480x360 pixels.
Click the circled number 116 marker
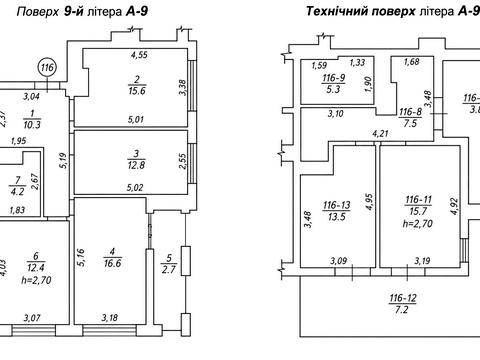(x=47, y=68)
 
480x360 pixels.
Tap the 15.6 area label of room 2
(x=137, y=91)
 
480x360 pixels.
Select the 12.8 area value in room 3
(x=136, y=165)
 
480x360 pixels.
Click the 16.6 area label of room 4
(x=113, y=263)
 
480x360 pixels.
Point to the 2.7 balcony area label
(x=169, y=269)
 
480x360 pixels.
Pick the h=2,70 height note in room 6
(x=36, y=280)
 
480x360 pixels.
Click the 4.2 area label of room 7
(x=17, y=192)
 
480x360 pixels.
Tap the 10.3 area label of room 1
(x=32, y=125)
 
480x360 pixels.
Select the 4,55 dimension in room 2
(x=139, y=55)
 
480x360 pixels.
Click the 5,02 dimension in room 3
(x=135, y=188)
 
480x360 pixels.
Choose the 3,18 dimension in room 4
(x=109, y=317)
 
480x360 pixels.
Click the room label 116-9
(x=333, y=78)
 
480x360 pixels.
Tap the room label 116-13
(x=337, y=205)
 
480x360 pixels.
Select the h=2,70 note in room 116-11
(x=418, y=223)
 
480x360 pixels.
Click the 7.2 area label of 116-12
(x=402, y=310)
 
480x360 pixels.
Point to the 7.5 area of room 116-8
(x=410, y=123)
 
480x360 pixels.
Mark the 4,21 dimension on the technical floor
(x=381, y=134)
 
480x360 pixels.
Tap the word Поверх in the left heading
(x=38, y=12)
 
